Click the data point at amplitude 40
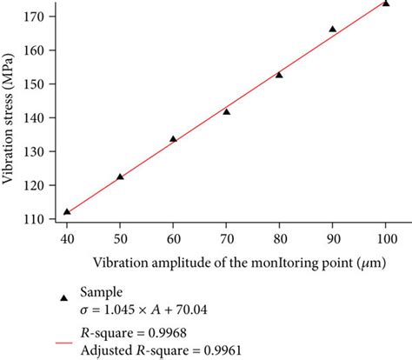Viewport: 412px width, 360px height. tap(67, 211)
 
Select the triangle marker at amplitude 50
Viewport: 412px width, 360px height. tap(120, 177)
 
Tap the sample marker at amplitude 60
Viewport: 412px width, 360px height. tap(173, 138)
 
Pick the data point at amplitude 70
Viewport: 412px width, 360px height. tap(226, 111)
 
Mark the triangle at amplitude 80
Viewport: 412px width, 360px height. tap(279, 75)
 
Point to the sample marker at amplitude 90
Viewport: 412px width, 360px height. tap(332, 29)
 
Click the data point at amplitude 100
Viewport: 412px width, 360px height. tap(385, 3)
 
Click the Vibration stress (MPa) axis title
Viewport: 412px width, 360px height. tap(10, 117)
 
